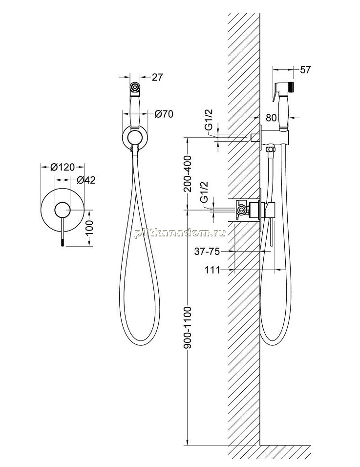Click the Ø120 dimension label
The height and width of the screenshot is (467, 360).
point(62,168)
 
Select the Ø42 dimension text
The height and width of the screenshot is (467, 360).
point(86,180)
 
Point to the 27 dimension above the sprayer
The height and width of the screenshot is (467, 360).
point(157,77)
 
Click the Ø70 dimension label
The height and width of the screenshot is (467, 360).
point(164,114)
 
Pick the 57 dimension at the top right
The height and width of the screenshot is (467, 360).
point(305,70)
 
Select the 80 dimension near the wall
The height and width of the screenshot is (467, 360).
point(271,118)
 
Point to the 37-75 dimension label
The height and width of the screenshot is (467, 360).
point(207,252)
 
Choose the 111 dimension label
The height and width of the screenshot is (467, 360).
point(212,270)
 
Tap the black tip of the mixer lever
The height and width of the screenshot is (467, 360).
point(62,243)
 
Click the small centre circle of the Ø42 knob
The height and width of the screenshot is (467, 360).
point(62,210)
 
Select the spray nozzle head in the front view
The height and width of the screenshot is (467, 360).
point(135,87)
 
